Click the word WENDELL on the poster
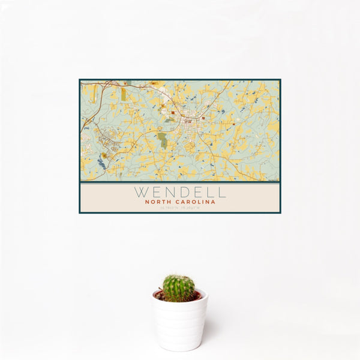[x=180, y=193]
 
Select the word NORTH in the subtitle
[x=159, y=202]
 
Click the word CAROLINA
[x=196, y=202]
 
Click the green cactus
[x=179, y=288]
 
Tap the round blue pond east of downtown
[x=223, y=111]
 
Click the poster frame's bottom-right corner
[x=280, y=212]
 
